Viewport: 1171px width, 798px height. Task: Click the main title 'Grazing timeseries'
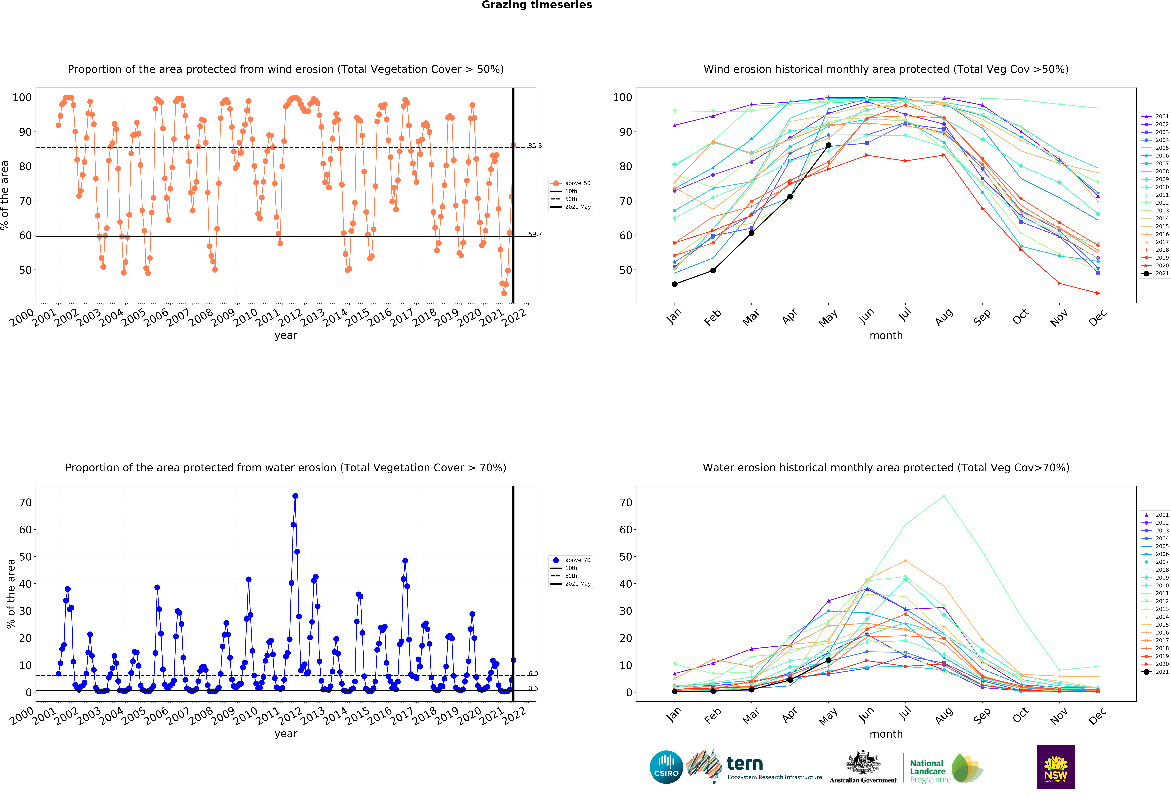(x=537, y=5)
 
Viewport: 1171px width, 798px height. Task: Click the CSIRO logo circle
(x=666, y=767)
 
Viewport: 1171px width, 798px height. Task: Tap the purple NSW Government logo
(x=1056, y=767)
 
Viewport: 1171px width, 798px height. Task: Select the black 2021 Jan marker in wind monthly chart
(x=675, y=284)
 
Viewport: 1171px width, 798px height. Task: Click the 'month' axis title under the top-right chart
(x=886, y=335)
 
